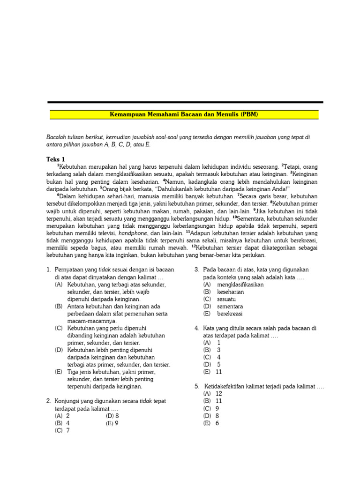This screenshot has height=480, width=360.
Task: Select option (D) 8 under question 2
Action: (x=112, y=416)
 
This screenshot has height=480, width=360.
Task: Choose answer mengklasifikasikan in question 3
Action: (x=233, y=285)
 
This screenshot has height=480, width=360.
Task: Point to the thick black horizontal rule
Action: (x=185, y=102)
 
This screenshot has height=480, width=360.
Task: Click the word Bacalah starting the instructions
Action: (x=57, y=137)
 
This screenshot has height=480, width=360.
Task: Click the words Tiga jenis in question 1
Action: (x=81, y=372)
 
